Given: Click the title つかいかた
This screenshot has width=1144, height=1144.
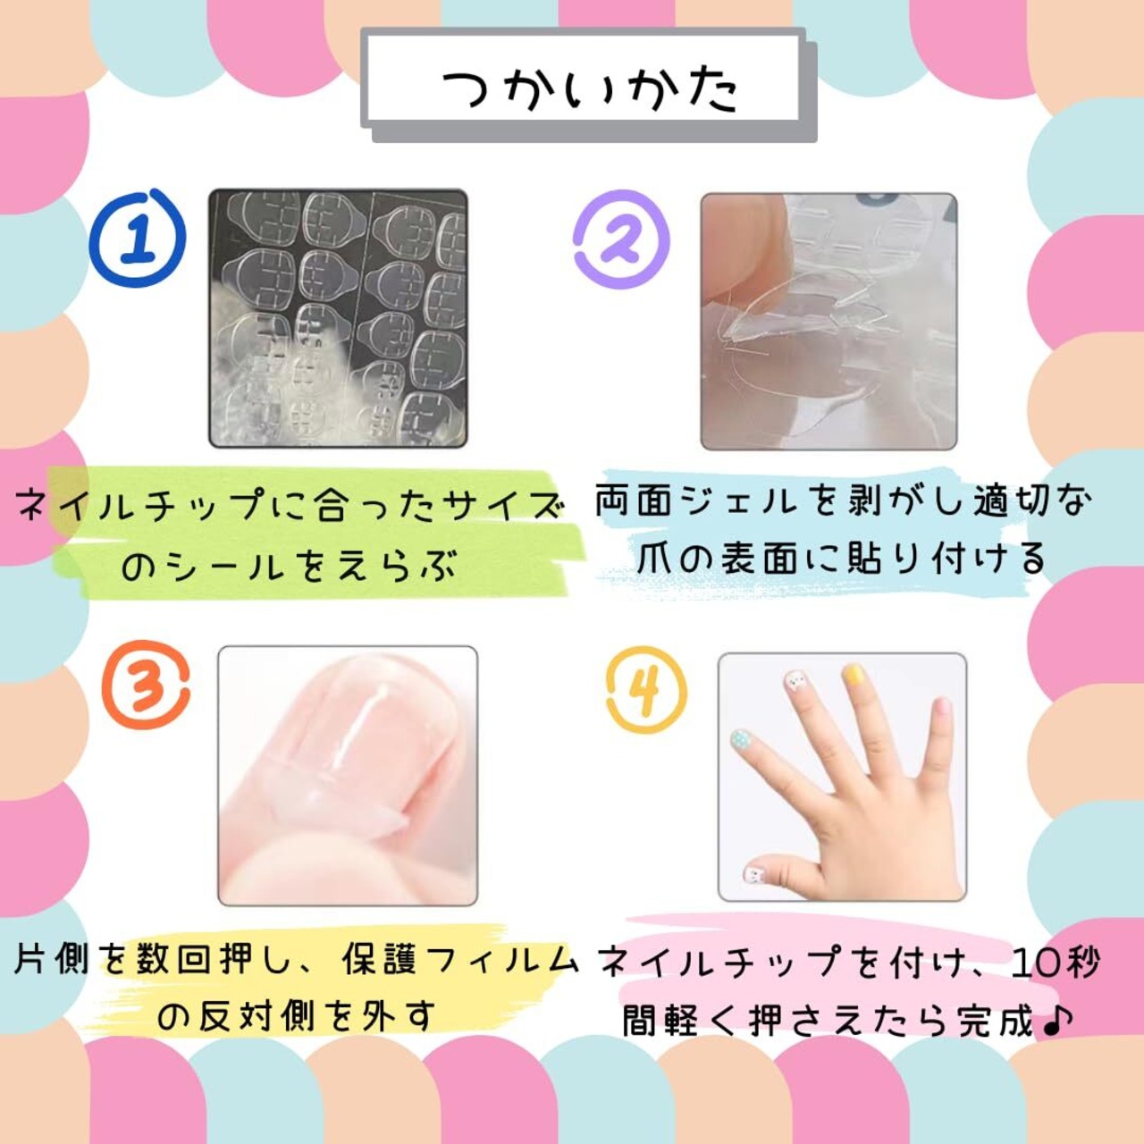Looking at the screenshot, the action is [591, 90].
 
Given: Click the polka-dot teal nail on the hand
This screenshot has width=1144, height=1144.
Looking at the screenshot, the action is [740, 739].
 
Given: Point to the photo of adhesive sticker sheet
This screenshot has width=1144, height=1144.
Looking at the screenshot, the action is [338, 318].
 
